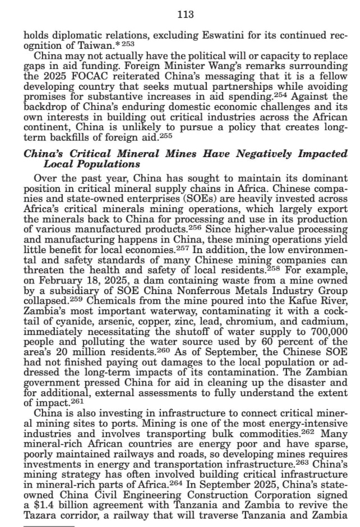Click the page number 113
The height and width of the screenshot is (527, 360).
184,15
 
